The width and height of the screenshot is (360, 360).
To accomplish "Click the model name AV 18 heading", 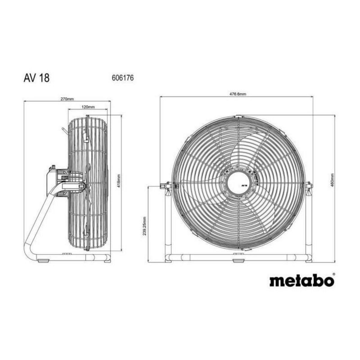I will tap(37, 78).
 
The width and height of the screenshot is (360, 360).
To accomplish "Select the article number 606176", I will tap(122, 78).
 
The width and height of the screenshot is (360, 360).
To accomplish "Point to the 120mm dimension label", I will tap(88, 107).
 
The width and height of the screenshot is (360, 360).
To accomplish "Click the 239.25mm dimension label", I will tap(145, 226).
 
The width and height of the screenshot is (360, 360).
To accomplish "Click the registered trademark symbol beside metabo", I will tap(334, 274).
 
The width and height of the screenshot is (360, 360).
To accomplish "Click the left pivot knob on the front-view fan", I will tap(164, 186).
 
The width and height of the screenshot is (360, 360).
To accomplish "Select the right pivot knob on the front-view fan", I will tap(309, 186).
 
